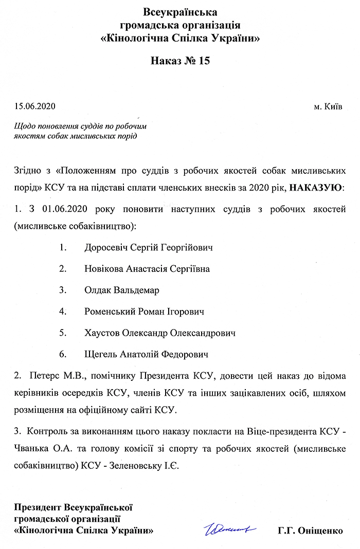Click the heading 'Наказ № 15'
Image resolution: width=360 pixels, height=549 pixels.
click(180, 61)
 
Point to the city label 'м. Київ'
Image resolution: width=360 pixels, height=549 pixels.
click(328, 107)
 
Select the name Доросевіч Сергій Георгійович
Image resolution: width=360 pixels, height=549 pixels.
click(149, 247)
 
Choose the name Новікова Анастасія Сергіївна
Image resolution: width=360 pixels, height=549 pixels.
click(147, 268)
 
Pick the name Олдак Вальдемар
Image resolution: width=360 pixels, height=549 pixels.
click(122, 290)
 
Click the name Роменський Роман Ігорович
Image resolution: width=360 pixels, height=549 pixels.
click(145, 312)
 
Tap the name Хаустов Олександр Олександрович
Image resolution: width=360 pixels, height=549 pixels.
click(160, 333)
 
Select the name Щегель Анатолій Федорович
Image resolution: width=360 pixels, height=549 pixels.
click(146, 354)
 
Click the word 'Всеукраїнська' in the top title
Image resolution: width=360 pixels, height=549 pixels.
click(180, 12)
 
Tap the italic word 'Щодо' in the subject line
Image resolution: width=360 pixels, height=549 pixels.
click(25, 126)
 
